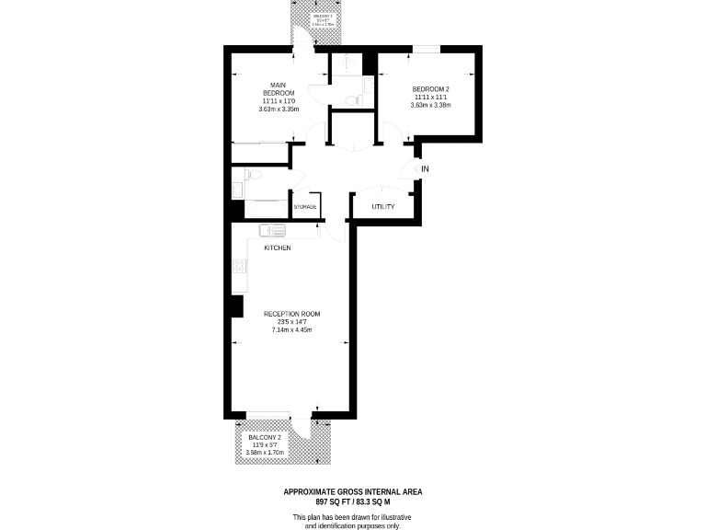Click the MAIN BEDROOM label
[278, 89]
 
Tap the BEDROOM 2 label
[430, 88]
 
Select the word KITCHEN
[278, 249]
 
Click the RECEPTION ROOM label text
[291, 314]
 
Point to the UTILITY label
[383, 207]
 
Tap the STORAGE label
[305, 207]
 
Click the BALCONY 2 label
[265, 436]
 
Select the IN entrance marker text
[425, 169]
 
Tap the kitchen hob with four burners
[240, 267]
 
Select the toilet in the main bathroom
[254, 174]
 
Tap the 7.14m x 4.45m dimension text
[291, 330]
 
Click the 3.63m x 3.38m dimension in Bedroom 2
[430, 105]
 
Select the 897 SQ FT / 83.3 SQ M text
[353, 502]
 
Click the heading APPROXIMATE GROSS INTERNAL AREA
[353, 492]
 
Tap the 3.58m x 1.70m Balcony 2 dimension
[265, 453]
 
